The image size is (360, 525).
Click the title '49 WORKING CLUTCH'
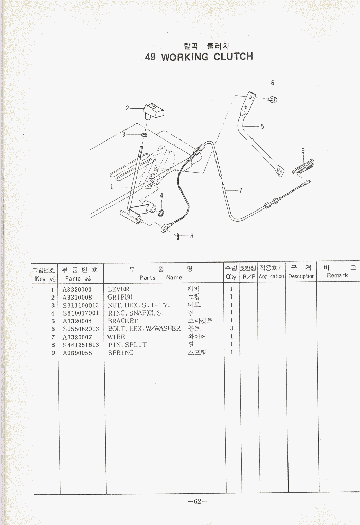click(x=199, y=56)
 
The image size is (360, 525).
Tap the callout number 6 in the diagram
click(x=273, y=83)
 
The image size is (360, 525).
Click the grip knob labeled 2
click(x=153, y=110)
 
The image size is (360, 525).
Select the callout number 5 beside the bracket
click(x=262, y=126)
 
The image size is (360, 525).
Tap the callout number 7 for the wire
click(x=241, y=190)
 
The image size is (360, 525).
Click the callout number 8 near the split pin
click(x=191, y=236)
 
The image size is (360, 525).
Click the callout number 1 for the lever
click(x=111, y=187)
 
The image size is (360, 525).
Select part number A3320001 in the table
click(x=77, y=290)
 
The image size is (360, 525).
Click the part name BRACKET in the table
click(x=122, y=321)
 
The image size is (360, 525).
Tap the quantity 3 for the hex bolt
click(x=231, y=328)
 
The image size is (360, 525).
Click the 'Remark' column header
click(x=337, y=276)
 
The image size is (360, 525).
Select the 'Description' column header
click(x=301, y=276)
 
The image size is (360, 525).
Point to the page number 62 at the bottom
click(x=197, y=502)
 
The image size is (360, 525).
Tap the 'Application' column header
click(x=272, y=276)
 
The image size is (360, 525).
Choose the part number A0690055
click(x=77, y=353)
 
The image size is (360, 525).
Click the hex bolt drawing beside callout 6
click(x=273, y=99)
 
